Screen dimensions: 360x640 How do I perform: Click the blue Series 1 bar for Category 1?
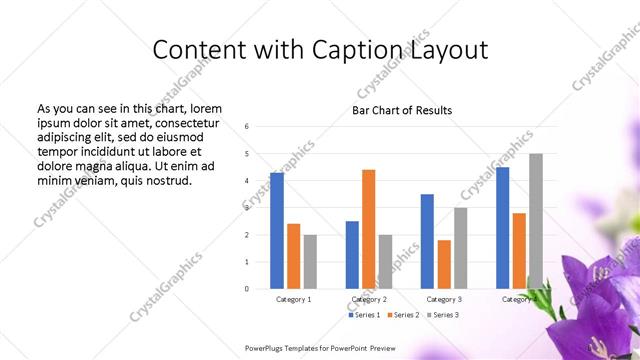click(277, 231)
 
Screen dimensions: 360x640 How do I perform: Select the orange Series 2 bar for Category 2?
click(368, 229)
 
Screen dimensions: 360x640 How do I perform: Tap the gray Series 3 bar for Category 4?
click(536, 221)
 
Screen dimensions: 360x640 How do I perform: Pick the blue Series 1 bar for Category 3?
click(427, 241)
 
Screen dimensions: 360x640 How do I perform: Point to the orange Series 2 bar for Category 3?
click(444, 264)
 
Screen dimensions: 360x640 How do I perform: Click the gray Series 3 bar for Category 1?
click(310, 262)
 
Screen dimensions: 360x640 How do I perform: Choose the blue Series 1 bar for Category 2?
click(352, 255)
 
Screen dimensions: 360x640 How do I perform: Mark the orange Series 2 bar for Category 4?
click(519, 251)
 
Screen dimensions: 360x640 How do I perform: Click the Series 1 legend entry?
click(363, 315)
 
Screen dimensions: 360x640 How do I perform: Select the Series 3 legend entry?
click(444, 315)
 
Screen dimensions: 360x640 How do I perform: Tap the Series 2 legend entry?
click(403, 315)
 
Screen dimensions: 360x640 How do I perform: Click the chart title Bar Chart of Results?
click(402, 110)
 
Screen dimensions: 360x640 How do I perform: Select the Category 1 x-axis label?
click(293, 299)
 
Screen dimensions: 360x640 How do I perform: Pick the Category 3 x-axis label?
click(444, 299)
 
